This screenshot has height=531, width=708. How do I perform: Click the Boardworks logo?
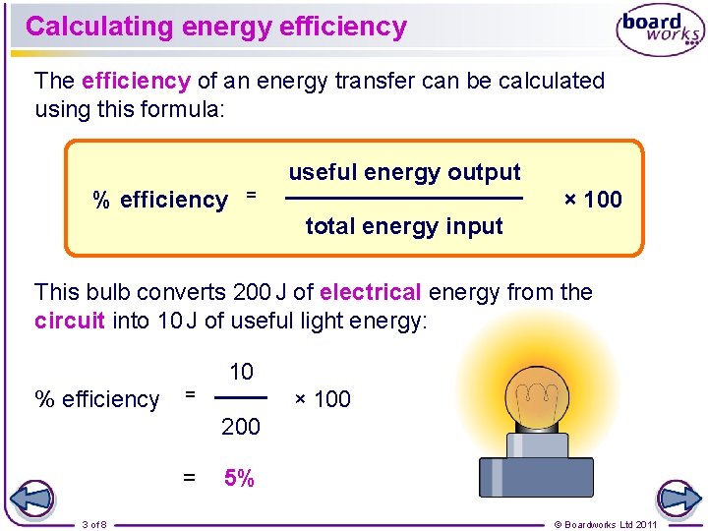tap(659, 29)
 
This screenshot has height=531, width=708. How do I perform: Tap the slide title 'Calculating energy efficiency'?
tap(216, 27)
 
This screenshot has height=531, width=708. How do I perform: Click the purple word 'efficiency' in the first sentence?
tap(136, 81)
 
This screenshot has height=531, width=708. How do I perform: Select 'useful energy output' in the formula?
tap(404, 172)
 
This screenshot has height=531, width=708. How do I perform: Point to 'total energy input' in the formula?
tap(404, 226)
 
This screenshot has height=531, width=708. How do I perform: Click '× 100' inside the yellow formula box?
tap(592, 200)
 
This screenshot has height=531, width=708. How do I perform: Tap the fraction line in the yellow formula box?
tap(404, 199)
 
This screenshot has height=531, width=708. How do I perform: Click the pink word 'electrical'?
tap(371, 292)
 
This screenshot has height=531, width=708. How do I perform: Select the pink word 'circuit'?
tap(70, 322)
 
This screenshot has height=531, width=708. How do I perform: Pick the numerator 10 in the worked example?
tap(241, 372)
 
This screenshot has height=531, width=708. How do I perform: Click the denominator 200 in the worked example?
tap(241, 426)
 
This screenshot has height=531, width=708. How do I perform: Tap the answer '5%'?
tap(239, 479)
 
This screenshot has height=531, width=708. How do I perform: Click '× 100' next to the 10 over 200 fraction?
tap(323, 399)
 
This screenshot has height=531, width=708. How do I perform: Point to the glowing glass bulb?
tap(536, 398)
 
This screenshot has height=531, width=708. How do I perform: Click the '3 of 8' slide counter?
tap(94, 524)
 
